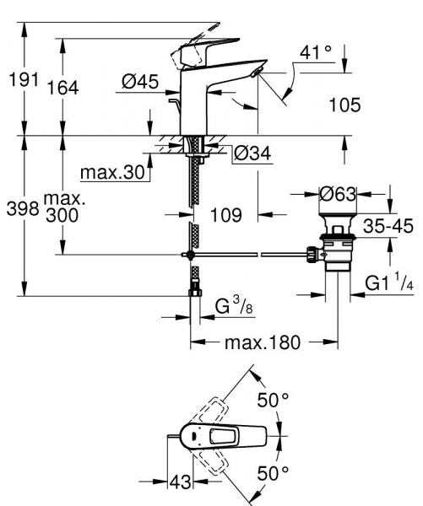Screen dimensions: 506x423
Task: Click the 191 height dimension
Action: pyautogui.click(x=16, y=81)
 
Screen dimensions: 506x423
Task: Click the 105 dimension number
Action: pyautogui.click(x=344, y=105)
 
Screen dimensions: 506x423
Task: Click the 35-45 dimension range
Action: pyautogui.click(x=388, y=226)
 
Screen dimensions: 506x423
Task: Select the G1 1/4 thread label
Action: pyautogui.click(x=389, y=283)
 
